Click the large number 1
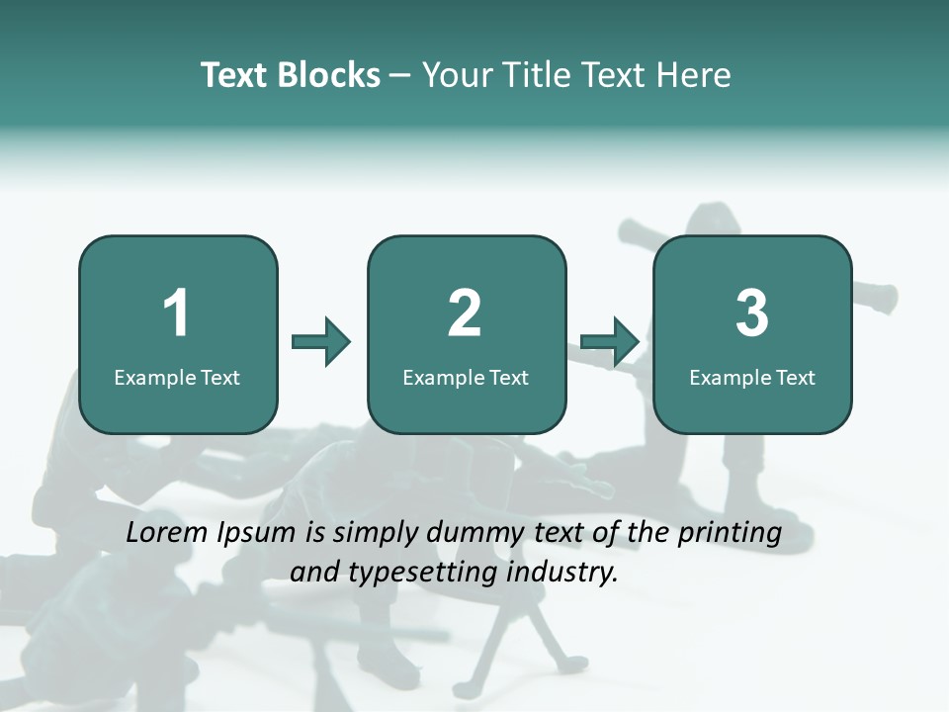click(x=177, y=313)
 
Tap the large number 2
click(x=465, y=313)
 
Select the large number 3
click(x=752, y=313)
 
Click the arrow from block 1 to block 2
click(x=321, y=342)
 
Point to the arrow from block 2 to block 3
click(x=610, y=342)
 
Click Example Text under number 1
click(x=177, y=378)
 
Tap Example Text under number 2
click(x=466, y=378)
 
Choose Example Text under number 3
click(x=752, y=378)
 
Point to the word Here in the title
click(x=692, y=75)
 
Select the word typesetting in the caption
click(x=419, y=573)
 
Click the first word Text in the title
click(x=235, y=75)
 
